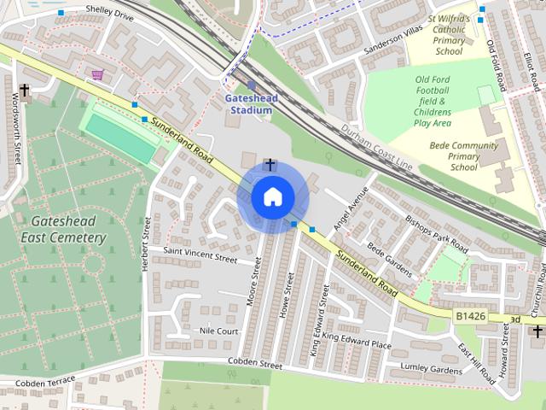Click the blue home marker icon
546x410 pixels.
(x=272, y=196)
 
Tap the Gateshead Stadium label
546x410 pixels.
(x=249, y=103)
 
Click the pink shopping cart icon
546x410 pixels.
(x=98, y=75)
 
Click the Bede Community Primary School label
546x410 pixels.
(x=463, y=156)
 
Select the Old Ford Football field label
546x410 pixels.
(x=444, y=101)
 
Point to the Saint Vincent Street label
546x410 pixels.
(x=200, y=255)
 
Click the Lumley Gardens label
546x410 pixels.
(x=432, y=369)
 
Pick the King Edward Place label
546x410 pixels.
(x=357, y=343)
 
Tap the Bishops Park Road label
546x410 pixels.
(x=436, y=233)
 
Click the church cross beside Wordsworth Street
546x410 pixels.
(x=24, y=90)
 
